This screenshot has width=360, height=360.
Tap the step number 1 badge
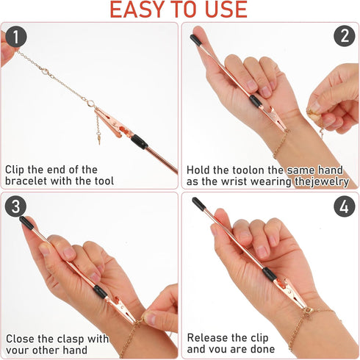pos(16,36)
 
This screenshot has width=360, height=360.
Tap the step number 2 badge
pos(343,36)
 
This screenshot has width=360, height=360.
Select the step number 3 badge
pos(16,206)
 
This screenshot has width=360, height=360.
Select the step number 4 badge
pos(343,206)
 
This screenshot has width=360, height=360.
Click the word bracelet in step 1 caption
pos(29,181)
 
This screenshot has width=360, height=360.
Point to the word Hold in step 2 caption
pos(200,168)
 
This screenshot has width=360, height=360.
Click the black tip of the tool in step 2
pos(195,39)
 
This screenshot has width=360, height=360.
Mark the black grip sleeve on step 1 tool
pos(139,142)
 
